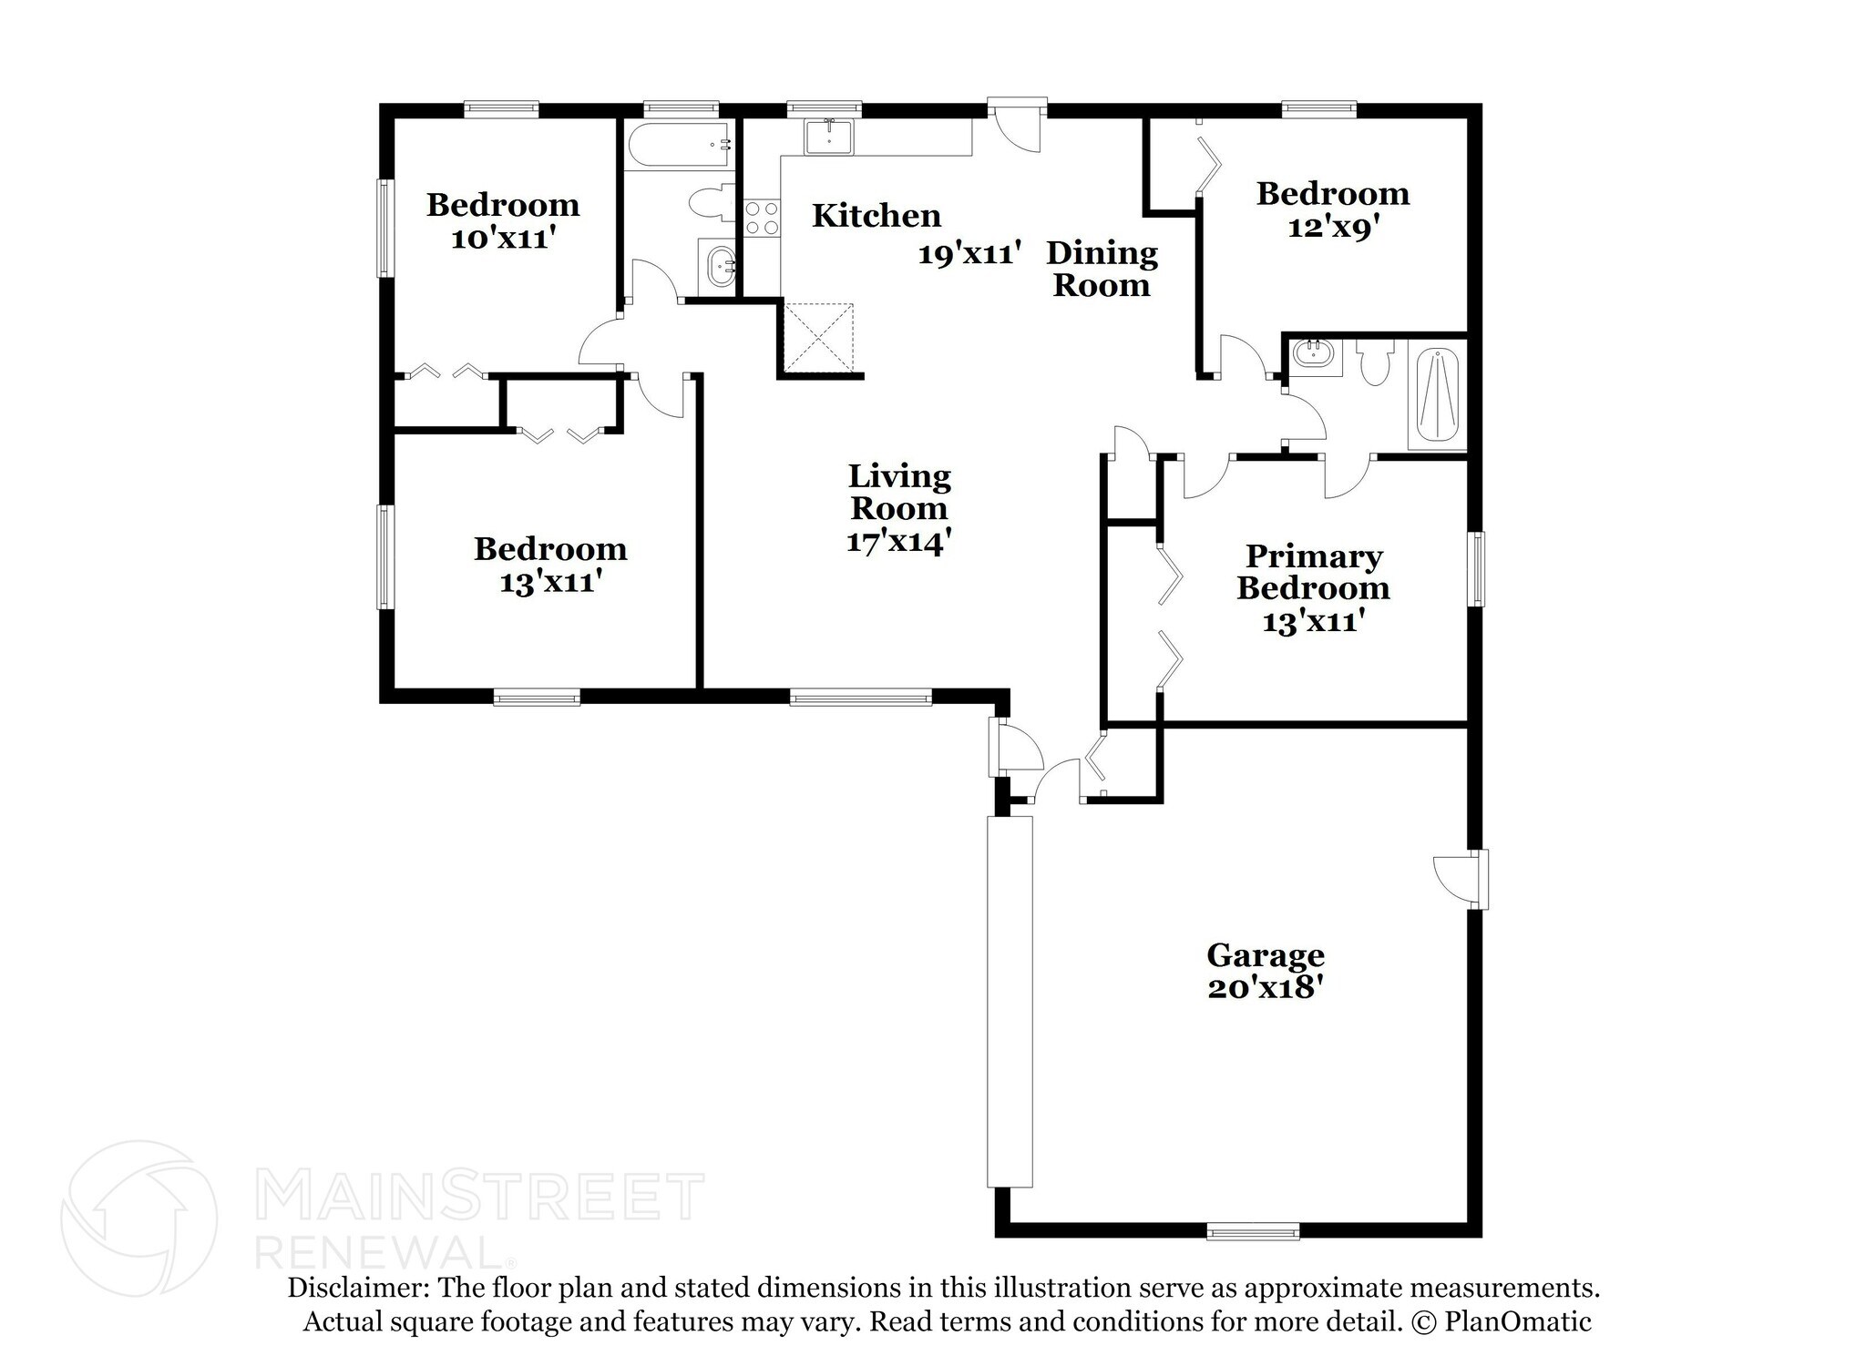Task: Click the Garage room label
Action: (x=1265, y=955)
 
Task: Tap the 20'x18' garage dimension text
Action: (x=1265, y=988)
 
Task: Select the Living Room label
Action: (x=898, y=492)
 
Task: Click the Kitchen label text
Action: (x=877, y=216)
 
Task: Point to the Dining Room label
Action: (x=1102, y=269)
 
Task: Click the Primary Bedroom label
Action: (x=1313, y=572)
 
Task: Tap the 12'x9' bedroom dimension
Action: (x=1330, y=227)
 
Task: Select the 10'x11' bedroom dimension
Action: (x=503, y=239)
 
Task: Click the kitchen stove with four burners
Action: (x=762, y=219)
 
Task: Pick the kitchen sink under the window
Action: (x=828, y=138)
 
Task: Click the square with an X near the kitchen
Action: (x=819, y=337)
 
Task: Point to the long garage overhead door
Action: (x=1010, y=1001)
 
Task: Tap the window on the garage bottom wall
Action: (x=1253, y=1231)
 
